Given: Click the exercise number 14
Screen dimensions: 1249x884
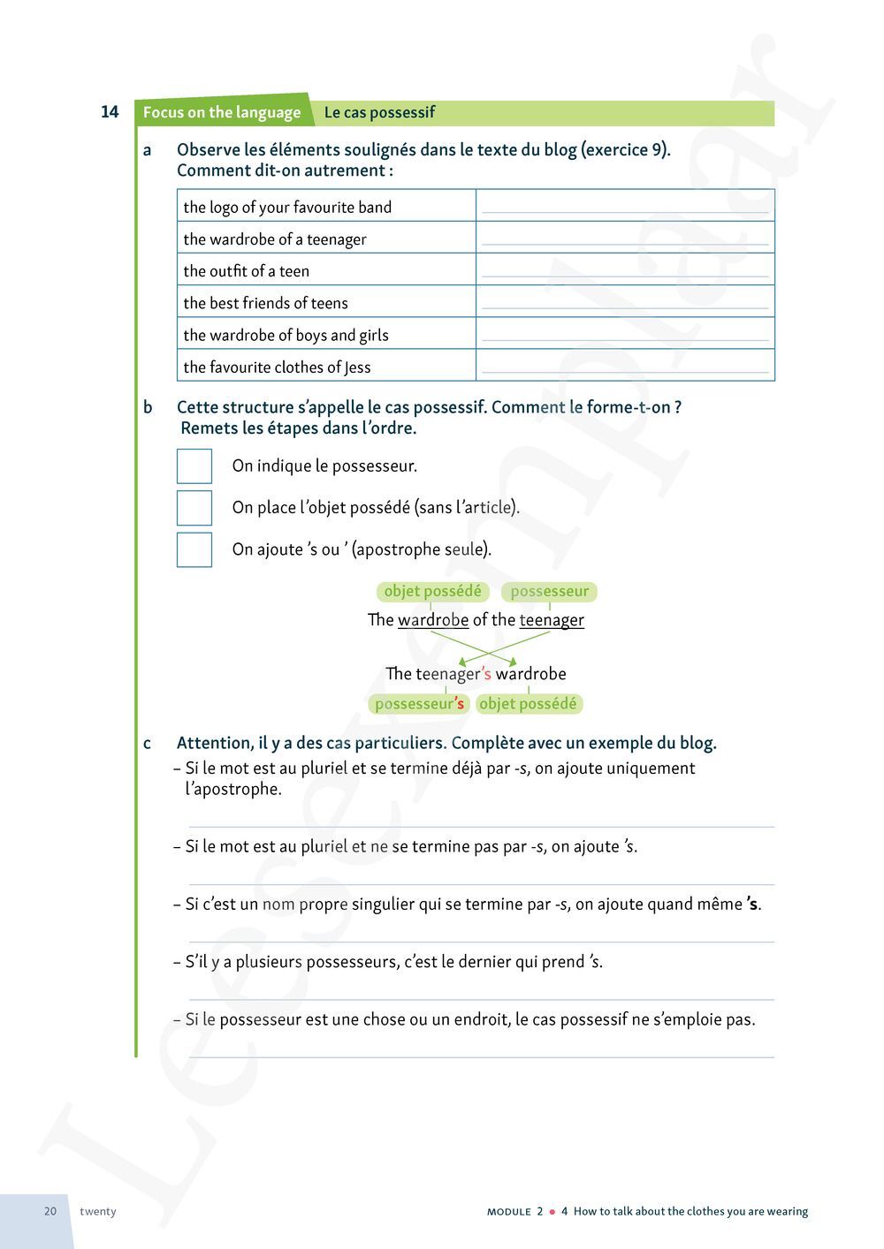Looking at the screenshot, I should tap(110, 112).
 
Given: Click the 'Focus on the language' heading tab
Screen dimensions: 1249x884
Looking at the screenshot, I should tap(222, 113).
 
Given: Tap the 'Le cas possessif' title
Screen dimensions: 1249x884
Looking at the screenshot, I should tap(379, 113).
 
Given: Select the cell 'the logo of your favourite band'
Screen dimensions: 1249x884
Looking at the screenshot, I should tap(287, 208).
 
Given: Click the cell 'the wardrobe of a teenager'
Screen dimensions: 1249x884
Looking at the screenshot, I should tap(275, 239).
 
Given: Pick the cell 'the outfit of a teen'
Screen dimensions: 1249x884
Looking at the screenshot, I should tap(247, 271).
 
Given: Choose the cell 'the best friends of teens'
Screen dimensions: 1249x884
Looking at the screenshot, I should tap(266, 303).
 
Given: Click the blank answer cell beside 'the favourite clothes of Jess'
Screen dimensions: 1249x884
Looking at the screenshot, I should tap(625, 366).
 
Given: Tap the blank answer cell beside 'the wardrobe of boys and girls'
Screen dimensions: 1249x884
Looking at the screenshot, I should tap(625, 334).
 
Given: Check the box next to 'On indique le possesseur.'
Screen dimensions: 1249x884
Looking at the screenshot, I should tap(194, 466).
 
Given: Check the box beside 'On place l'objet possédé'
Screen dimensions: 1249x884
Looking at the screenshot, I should tap(194, 508).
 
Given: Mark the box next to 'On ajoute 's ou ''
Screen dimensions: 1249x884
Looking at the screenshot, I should tap(194, 549).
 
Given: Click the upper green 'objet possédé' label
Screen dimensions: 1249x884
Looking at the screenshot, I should tap(432, 591).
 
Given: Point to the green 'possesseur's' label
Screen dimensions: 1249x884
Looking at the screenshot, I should tap(419, 704).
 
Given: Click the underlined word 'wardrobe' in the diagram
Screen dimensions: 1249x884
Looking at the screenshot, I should tap(433, 620).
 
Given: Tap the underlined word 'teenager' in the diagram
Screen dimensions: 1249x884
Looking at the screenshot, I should tap(552, 620).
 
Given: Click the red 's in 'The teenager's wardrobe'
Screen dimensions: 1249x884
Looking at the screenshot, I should tap(486, 674).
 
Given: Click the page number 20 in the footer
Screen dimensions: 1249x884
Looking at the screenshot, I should tap(50, 1211).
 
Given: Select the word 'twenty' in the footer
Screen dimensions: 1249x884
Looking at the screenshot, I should tap(97, 1211).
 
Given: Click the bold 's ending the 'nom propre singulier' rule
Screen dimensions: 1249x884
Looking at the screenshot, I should tap(752, 904).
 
